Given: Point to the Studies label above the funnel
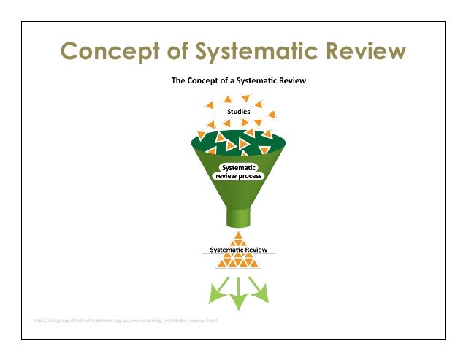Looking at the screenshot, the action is click(238, 112).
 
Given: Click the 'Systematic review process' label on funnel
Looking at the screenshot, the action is click(237, 172).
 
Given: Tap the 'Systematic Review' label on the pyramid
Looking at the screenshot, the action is click(238, 250).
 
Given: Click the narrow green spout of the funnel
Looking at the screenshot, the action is click(238, 217).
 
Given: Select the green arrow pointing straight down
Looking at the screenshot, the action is click(238, 294).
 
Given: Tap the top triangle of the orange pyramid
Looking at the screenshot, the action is click(238, 236).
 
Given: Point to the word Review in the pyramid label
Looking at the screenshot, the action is click(256, 250).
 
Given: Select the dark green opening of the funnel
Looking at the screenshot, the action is click(238, 142).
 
